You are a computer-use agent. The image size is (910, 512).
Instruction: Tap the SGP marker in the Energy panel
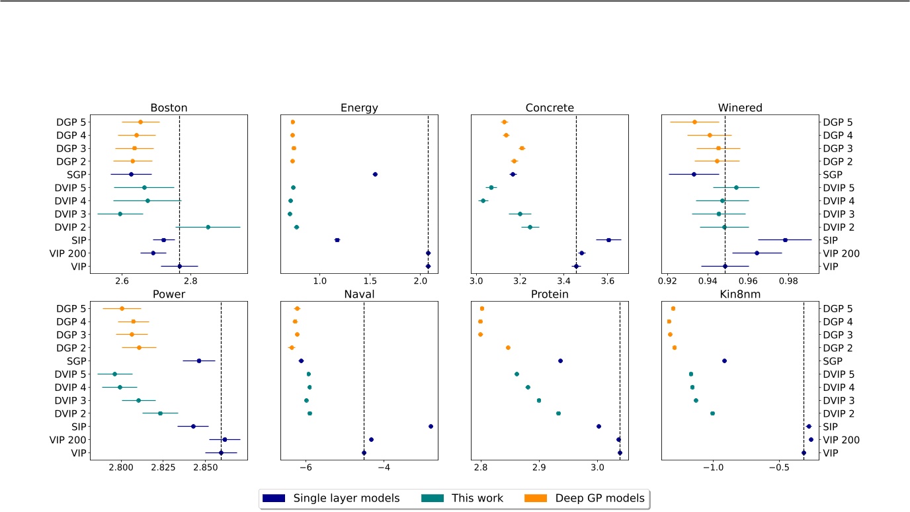pyautogui.click(x=375, y=175)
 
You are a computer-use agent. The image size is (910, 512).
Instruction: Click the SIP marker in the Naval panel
pyautogui.click(x=431, y=427)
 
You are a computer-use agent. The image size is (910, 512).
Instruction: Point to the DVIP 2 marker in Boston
pyautogui.click(x=208, y=227)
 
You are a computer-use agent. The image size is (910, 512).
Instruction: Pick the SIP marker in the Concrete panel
pyautogui.click(x=608, y=240)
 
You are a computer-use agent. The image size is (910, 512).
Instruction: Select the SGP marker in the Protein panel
pyautogui.click(x=560, y=361)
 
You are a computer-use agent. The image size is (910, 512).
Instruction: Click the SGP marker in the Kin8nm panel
pyautogui.click(x=724, y=361)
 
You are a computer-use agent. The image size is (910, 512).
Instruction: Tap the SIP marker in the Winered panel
pyautogui.click(x=785, y=240)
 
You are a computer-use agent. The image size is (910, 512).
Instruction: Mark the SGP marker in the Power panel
pyautogui.click(x=198, y=361)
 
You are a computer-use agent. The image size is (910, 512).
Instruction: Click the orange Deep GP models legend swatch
pyautogui.click(x=536, y=498)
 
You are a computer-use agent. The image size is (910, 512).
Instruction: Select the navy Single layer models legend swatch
pyautogui.click(x=273, y=498)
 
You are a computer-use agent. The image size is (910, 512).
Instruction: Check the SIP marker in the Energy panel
pyautogui.click(x=337, y=240)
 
